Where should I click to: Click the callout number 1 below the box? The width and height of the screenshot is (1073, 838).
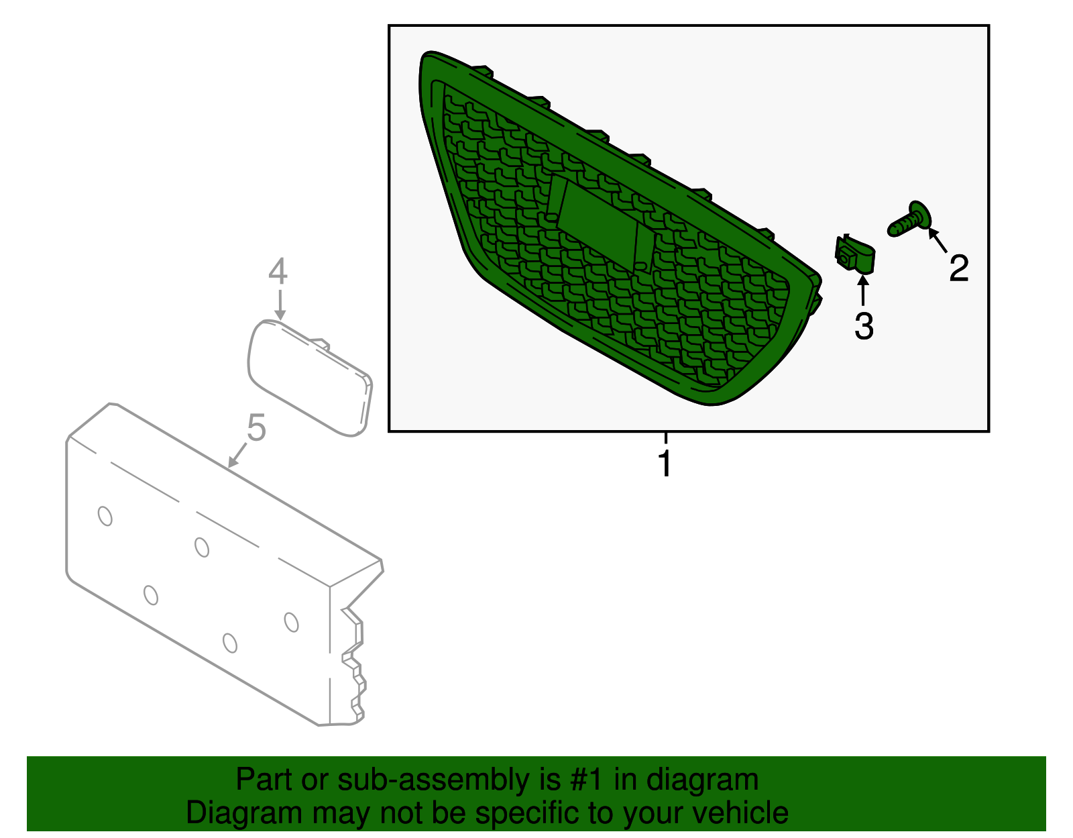[x=665, y=463]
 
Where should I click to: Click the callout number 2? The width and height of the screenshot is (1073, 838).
[x=958, y=268]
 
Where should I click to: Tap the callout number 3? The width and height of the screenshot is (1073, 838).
[x=864, y=326]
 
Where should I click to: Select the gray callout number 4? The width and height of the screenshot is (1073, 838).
[x=278, y=271]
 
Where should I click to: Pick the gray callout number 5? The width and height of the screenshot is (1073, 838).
[x=256, y=427]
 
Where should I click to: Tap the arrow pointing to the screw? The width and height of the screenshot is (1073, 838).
[x=938, y=240]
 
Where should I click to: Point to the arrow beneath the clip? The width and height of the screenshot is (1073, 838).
[x=862, y=291]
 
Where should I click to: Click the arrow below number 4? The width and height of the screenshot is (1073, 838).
[x=280, y=305]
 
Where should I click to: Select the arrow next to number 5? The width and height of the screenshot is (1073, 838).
[x=237, y=455]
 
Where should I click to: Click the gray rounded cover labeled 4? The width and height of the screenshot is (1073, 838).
[x=310, y=378]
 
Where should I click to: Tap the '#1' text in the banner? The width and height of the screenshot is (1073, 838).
[x=587, y=779]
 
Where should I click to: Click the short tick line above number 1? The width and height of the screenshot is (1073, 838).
[x=665, y=438]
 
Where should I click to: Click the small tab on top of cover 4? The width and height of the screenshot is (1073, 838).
[x=319, y=344]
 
